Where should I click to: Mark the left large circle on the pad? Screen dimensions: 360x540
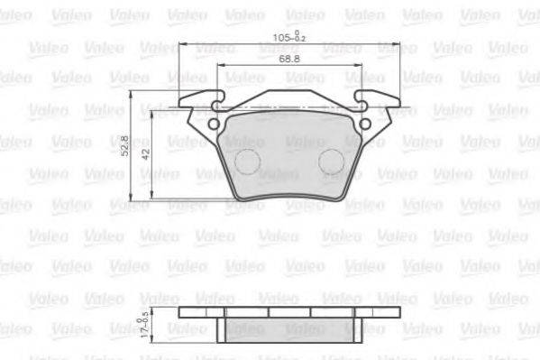tap(247, 162)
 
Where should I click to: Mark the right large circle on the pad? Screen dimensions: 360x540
tap(331, 162)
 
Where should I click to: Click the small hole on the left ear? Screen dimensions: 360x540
tap(214, 125)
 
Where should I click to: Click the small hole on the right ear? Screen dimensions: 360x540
tap(365, 125)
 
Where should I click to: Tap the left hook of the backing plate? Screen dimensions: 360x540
tap(204, 99)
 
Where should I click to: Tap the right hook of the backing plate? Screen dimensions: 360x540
tap(373, 99)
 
